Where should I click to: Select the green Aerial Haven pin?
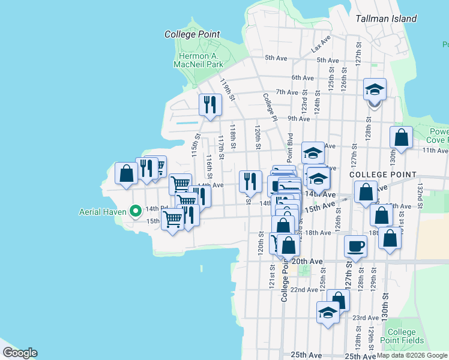click(x=136, y=211)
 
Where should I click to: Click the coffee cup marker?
click(x=355, y=245)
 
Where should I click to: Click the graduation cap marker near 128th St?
click(x=375, y=90)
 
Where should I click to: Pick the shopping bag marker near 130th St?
click(x=401, y=137)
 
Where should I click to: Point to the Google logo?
click(x=20, y=353)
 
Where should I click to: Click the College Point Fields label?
click(x=402, y=337)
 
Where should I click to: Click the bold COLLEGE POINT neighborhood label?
click(x=382, y=175)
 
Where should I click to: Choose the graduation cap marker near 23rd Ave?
click(x=328, y=313)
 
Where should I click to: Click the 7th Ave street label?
click(x=287, y=92)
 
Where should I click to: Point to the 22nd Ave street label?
click(x=304, y=289)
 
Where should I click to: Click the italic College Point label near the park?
click(x=192, y=35)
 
